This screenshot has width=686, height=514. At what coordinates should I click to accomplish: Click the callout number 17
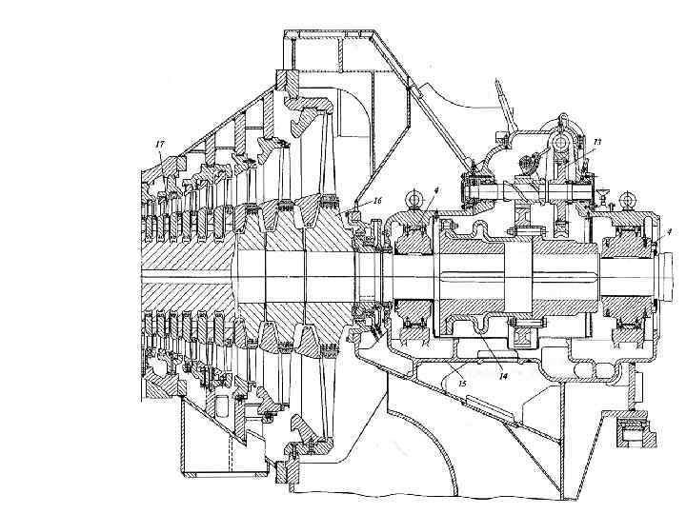(159, 143)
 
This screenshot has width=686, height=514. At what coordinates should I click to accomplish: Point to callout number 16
(377, 201)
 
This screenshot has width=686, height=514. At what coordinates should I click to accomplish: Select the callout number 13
(596, 141)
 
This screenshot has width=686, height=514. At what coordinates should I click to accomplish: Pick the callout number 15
(462, 383)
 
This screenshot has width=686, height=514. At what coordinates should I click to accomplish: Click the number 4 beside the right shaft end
(669, 230)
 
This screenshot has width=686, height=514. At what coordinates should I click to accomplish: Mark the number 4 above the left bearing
(435, 191)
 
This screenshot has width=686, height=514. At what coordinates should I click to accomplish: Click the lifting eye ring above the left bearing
(414, 197)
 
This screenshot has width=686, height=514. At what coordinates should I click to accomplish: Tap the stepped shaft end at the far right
(672, 276)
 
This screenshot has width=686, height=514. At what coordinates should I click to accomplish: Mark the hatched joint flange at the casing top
(285, 78)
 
